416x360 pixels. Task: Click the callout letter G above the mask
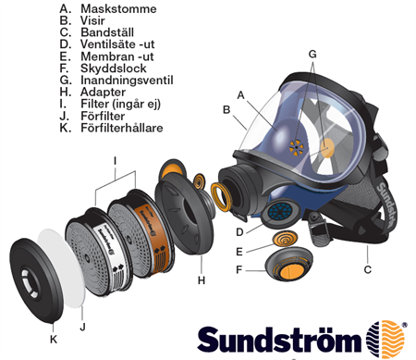point(313,54)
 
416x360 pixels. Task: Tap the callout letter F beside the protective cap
point(239,270)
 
